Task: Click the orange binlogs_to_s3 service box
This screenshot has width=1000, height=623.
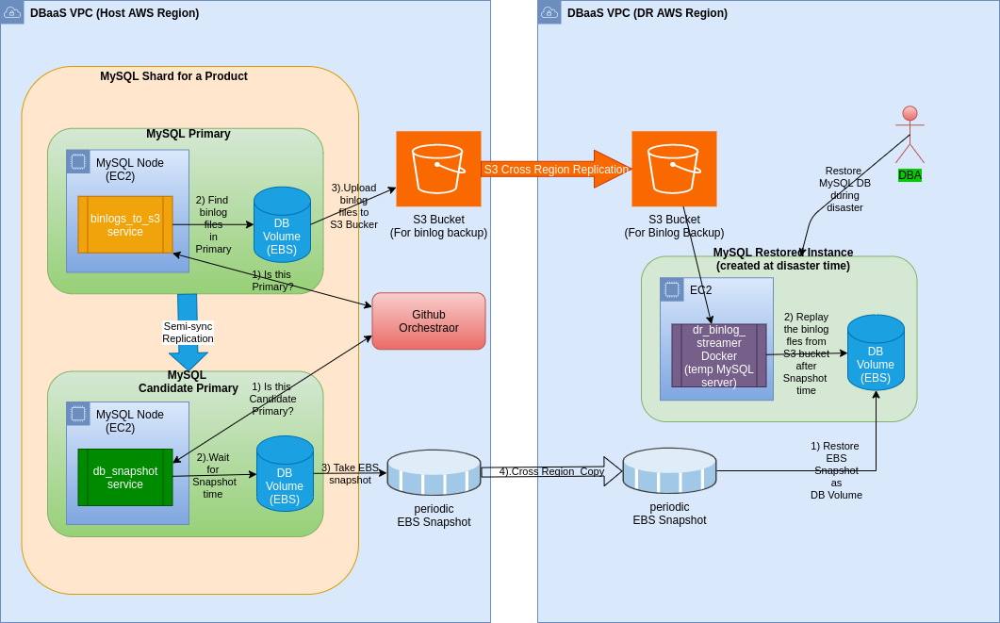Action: click(125, 224)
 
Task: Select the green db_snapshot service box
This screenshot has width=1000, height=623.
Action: click(125, 477)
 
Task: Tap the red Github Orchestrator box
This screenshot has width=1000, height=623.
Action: click(429, 321)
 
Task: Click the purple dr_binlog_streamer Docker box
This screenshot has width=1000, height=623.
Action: click(719, 355)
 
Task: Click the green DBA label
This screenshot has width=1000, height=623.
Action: click(910, 175)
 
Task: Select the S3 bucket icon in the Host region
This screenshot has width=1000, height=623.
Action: click(438, 169)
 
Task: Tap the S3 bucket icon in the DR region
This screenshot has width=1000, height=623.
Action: click(674, 169)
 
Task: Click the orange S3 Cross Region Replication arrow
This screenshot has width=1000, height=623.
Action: click(555, 170)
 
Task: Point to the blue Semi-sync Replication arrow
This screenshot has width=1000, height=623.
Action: click(188, 332)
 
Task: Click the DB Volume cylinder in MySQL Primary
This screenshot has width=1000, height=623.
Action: click(282, 224)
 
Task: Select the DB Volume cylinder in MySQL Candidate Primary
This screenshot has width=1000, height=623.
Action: click(285, 473)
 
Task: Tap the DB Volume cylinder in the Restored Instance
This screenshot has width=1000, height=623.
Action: click(876, 352)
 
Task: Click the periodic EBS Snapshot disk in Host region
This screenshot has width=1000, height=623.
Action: click(434, 472)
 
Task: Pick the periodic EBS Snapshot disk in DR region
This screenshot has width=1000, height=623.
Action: click(669, 470)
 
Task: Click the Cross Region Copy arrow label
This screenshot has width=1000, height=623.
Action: click(551, 471)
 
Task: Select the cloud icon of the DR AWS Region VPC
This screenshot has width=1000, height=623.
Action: click(549, 12)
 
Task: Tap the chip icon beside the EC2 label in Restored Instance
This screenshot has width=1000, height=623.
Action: click(672, 289)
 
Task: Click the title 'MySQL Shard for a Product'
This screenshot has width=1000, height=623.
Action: click(173, 76)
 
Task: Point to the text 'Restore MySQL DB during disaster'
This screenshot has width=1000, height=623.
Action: click(844, 189)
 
